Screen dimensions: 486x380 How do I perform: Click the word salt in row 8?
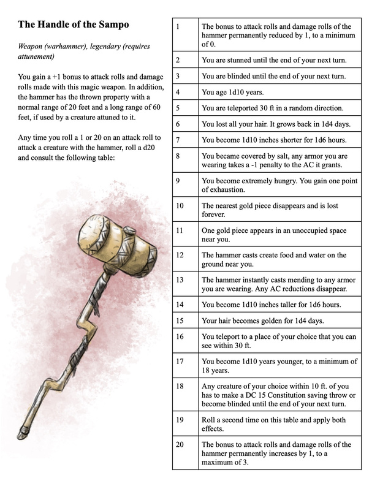click(x=278, y=157)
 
